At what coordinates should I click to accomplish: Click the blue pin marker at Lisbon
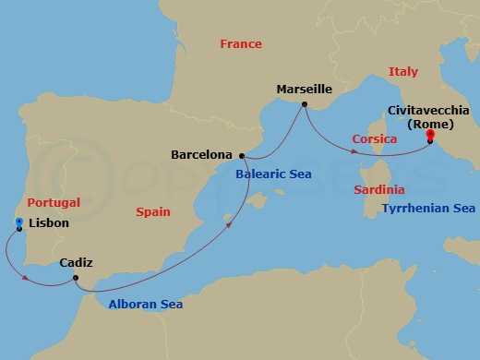[x=20, y=222]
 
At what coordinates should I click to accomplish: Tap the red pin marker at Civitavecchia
[x=430, y=137]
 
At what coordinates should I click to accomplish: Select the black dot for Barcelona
[x=241, y=155]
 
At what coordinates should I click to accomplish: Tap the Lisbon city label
[x=49, y=222]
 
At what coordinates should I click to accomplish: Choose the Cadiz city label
[x=75, y=263]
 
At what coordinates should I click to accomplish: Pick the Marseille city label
[x=305, y=90]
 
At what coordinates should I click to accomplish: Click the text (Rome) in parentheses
[x=430, y=123]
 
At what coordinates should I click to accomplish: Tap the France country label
[x=240, y=43]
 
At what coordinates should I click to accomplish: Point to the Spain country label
[x=153, y=211]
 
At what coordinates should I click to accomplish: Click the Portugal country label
[x=54, y=202]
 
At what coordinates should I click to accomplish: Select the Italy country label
[x=403, y=71]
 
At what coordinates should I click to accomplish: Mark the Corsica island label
[x=375, y=139]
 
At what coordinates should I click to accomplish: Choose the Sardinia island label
[x=379, y=189]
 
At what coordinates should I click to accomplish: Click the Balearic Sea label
[x=273, y=174]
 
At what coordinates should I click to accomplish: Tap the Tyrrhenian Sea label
[x=428, y=209]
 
